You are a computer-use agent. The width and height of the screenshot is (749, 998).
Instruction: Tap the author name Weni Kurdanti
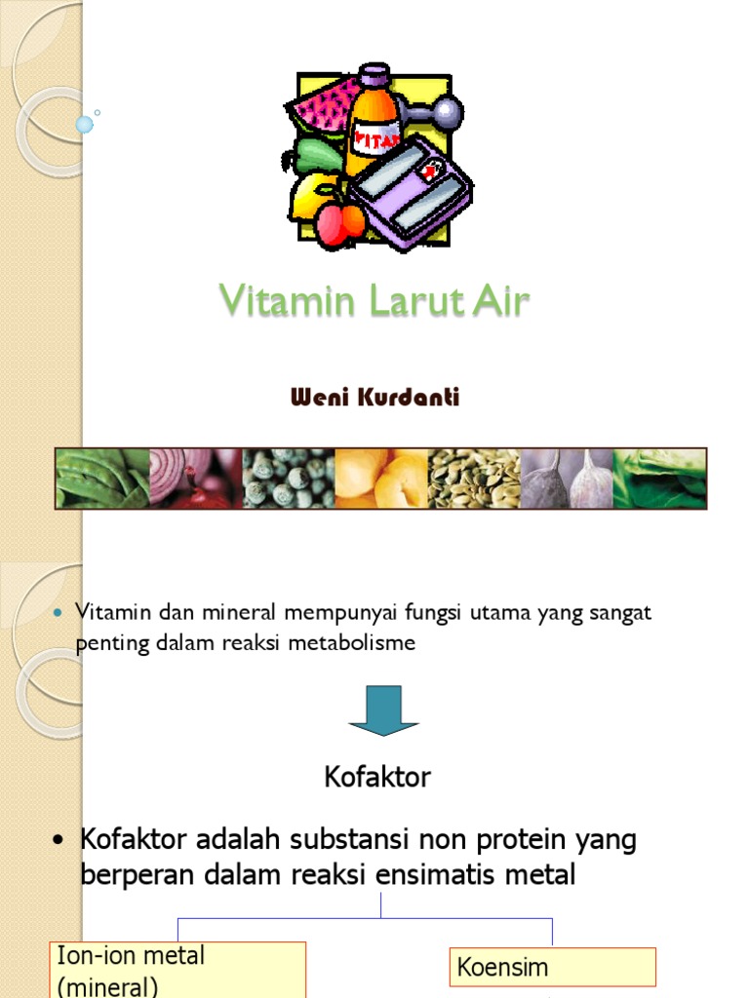coord(374,398)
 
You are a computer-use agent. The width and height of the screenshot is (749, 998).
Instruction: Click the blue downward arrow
coord(383,710)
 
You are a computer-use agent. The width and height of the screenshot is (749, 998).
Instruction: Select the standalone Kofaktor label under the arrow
coord(376,777)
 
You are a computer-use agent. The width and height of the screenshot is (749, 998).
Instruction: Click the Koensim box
coord(552,967)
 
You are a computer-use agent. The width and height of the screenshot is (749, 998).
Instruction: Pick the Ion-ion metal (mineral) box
coord(179,970)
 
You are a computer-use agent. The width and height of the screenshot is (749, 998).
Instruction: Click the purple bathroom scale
coord(410,191)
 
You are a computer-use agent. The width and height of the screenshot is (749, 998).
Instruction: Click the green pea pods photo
coord(102,479)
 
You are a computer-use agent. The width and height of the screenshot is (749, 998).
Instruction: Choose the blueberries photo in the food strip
coord(288,479)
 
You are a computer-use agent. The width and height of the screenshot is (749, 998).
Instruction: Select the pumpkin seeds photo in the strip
coord(474,479)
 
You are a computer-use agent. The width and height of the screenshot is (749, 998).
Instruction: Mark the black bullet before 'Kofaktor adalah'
coord(61,840)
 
